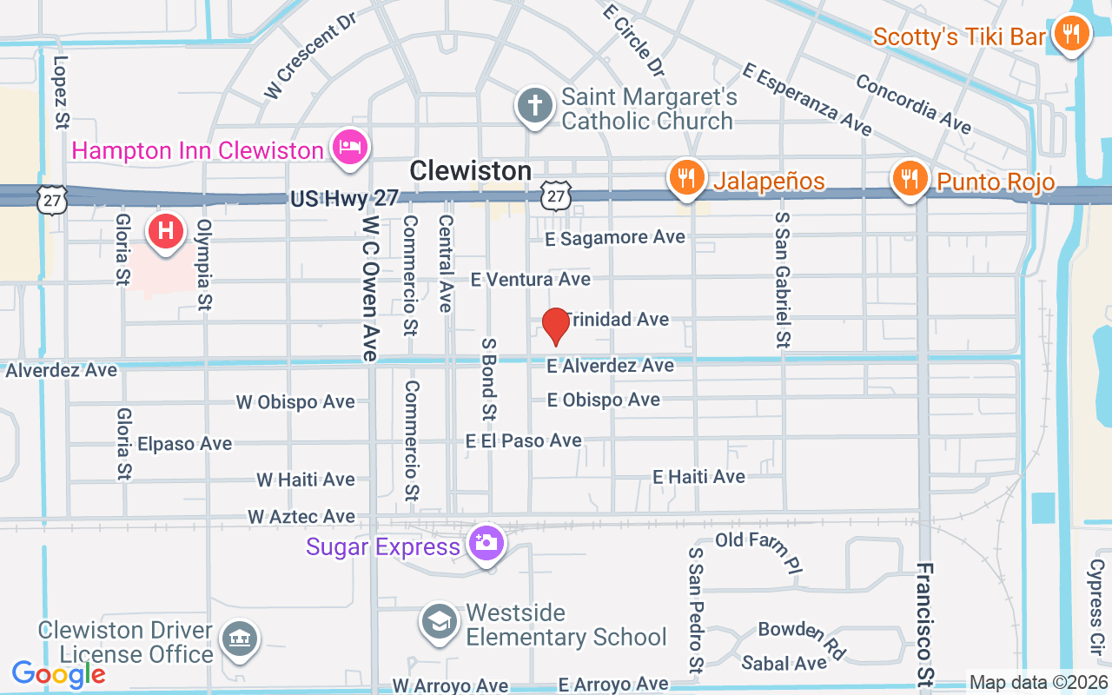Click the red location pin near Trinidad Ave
[x=555, y=326]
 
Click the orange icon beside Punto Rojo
[x=910, y=179]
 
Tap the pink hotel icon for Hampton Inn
[x=349, y=147]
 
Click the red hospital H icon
[x=165, y=231]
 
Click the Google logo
[x=58, y=673]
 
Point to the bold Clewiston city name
[x=470, y=170]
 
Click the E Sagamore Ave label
[x=615, y=236]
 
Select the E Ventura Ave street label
[x=530, y=279]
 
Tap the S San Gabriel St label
[x=782, y=280]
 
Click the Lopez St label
[x=61, y=92]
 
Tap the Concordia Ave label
[x=913, y=103]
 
